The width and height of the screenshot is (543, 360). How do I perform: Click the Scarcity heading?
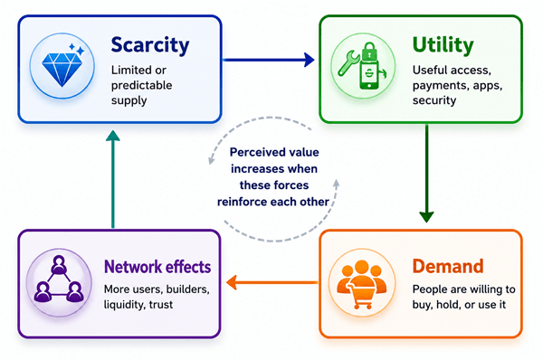150,46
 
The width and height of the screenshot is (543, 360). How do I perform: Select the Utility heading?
443,45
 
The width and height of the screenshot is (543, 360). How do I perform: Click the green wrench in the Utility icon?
348,62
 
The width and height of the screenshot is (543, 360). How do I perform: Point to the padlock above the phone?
369,52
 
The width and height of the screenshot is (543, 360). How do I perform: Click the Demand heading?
448,266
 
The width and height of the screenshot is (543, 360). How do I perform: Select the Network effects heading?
157,267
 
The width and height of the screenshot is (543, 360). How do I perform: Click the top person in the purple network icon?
59,264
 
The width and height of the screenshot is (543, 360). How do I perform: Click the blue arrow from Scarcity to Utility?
269,60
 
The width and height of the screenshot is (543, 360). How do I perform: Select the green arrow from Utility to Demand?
426,174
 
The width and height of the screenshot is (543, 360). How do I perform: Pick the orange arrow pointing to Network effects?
272,282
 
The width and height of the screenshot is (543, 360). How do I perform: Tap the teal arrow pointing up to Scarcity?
113,179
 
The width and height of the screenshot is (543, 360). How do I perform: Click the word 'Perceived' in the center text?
252,152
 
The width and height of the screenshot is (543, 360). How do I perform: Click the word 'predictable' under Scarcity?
142,86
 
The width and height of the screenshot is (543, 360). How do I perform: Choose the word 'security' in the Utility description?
434,100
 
